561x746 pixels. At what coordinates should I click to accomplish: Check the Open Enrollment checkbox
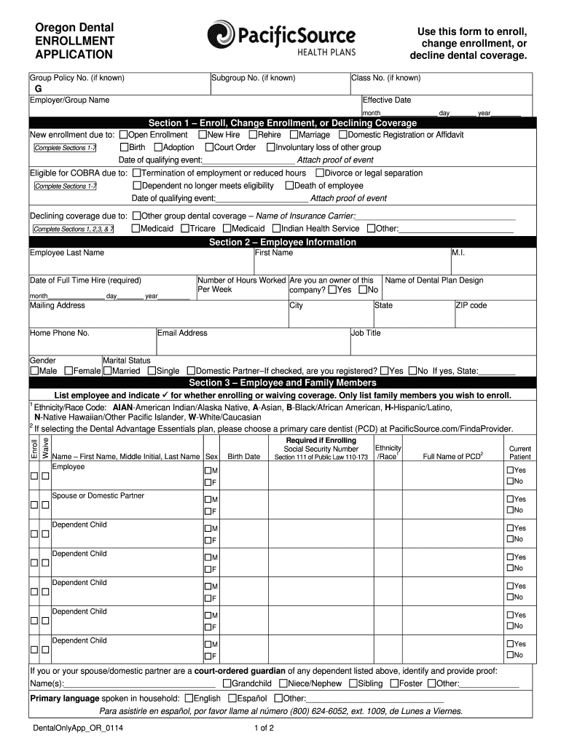123,135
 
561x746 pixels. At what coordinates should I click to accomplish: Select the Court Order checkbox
208,147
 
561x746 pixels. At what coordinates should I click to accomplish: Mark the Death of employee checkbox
289,186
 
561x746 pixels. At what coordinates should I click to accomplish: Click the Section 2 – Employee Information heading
283,242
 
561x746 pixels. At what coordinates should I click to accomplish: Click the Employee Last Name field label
66,253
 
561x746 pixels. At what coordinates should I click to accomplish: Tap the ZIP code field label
471,305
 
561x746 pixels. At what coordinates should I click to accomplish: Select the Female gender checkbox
68,371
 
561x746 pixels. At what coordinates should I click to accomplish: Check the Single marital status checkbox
152,371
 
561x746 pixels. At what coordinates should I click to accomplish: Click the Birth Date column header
243,457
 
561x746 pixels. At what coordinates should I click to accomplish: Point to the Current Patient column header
519,452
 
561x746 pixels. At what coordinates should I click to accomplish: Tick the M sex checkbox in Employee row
208,471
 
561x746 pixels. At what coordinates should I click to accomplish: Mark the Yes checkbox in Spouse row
510,499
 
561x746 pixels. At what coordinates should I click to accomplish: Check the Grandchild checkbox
227,683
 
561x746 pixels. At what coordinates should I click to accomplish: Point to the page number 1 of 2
263,728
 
